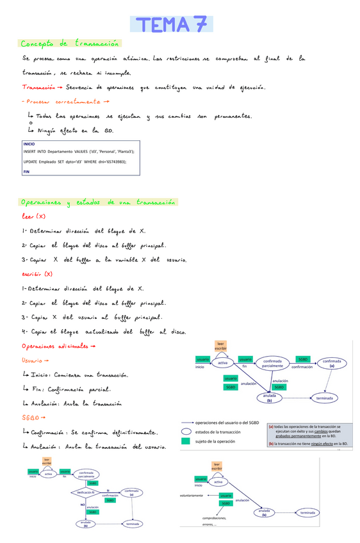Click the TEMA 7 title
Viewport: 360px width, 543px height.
click(x=171, y=24)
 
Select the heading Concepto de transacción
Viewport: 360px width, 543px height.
click(x=70, y=44)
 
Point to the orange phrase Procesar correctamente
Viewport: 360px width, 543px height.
click(x=63, y=101)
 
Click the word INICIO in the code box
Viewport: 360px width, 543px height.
click(x=29, y=144)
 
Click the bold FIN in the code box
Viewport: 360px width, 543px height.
click(x=27, y=172)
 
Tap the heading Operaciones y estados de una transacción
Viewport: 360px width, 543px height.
click(x=98, y=202)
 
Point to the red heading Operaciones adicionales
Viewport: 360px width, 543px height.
click(x=58, y=346)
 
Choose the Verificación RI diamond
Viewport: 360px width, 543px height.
click(x=86, y=492)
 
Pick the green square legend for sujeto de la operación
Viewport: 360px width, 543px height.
click(x=186, y=441)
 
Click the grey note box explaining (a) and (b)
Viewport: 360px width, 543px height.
click(x=308, y=434)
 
